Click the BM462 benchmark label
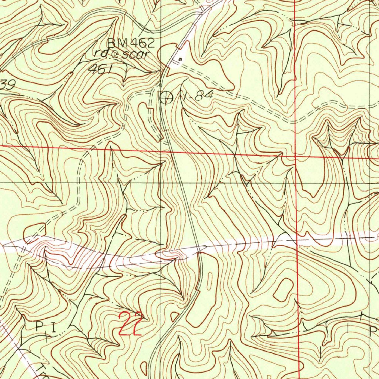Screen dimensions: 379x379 (130, 43)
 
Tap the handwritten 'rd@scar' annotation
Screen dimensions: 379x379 (121, 54)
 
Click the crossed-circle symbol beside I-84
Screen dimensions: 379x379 (166, 97)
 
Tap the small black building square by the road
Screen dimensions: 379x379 (180, 59)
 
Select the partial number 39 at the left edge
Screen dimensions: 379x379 (7, 85)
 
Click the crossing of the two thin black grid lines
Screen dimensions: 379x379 (161, 182)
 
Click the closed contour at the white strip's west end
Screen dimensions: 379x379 (34, 231)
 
